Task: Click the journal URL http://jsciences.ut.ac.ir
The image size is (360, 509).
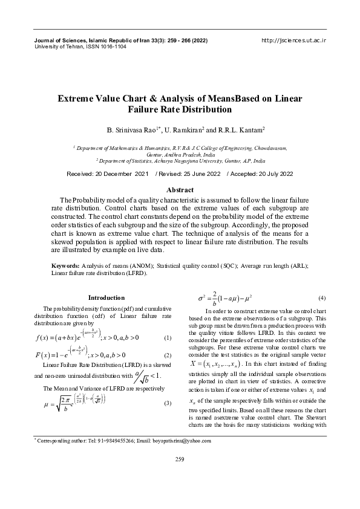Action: [293, 40]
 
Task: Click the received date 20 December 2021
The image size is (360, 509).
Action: [120, 174]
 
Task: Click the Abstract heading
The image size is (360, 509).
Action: [180, 190]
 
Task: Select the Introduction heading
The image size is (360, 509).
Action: [106, 297]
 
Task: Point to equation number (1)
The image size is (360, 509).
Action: [168, 337]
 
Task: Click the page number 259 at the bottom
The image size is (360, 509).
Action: [180, 478]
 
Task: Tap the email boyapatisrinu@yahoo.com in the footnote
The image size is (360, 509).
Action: [183, 441]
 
